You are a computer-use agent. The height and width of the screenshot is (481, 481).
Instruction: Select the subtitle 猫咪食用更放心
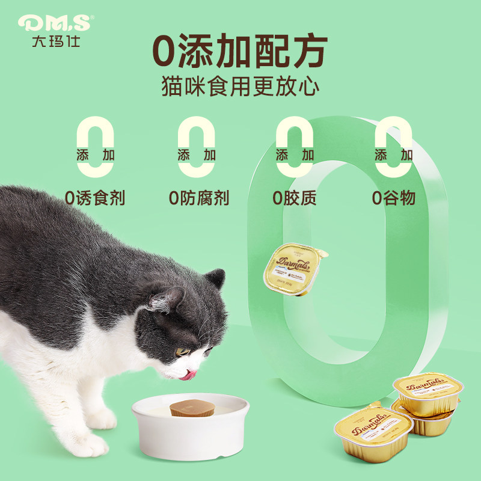pos(239,86)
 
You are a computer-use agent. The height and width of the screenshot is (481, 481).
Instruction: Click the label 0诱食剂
pos(96,198)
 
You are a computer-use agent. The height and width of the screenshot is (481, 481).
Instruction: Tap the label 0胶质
pos(294,198)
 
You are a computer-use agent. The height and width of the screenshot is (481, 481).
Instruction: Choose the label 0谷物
pos(393,198)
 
